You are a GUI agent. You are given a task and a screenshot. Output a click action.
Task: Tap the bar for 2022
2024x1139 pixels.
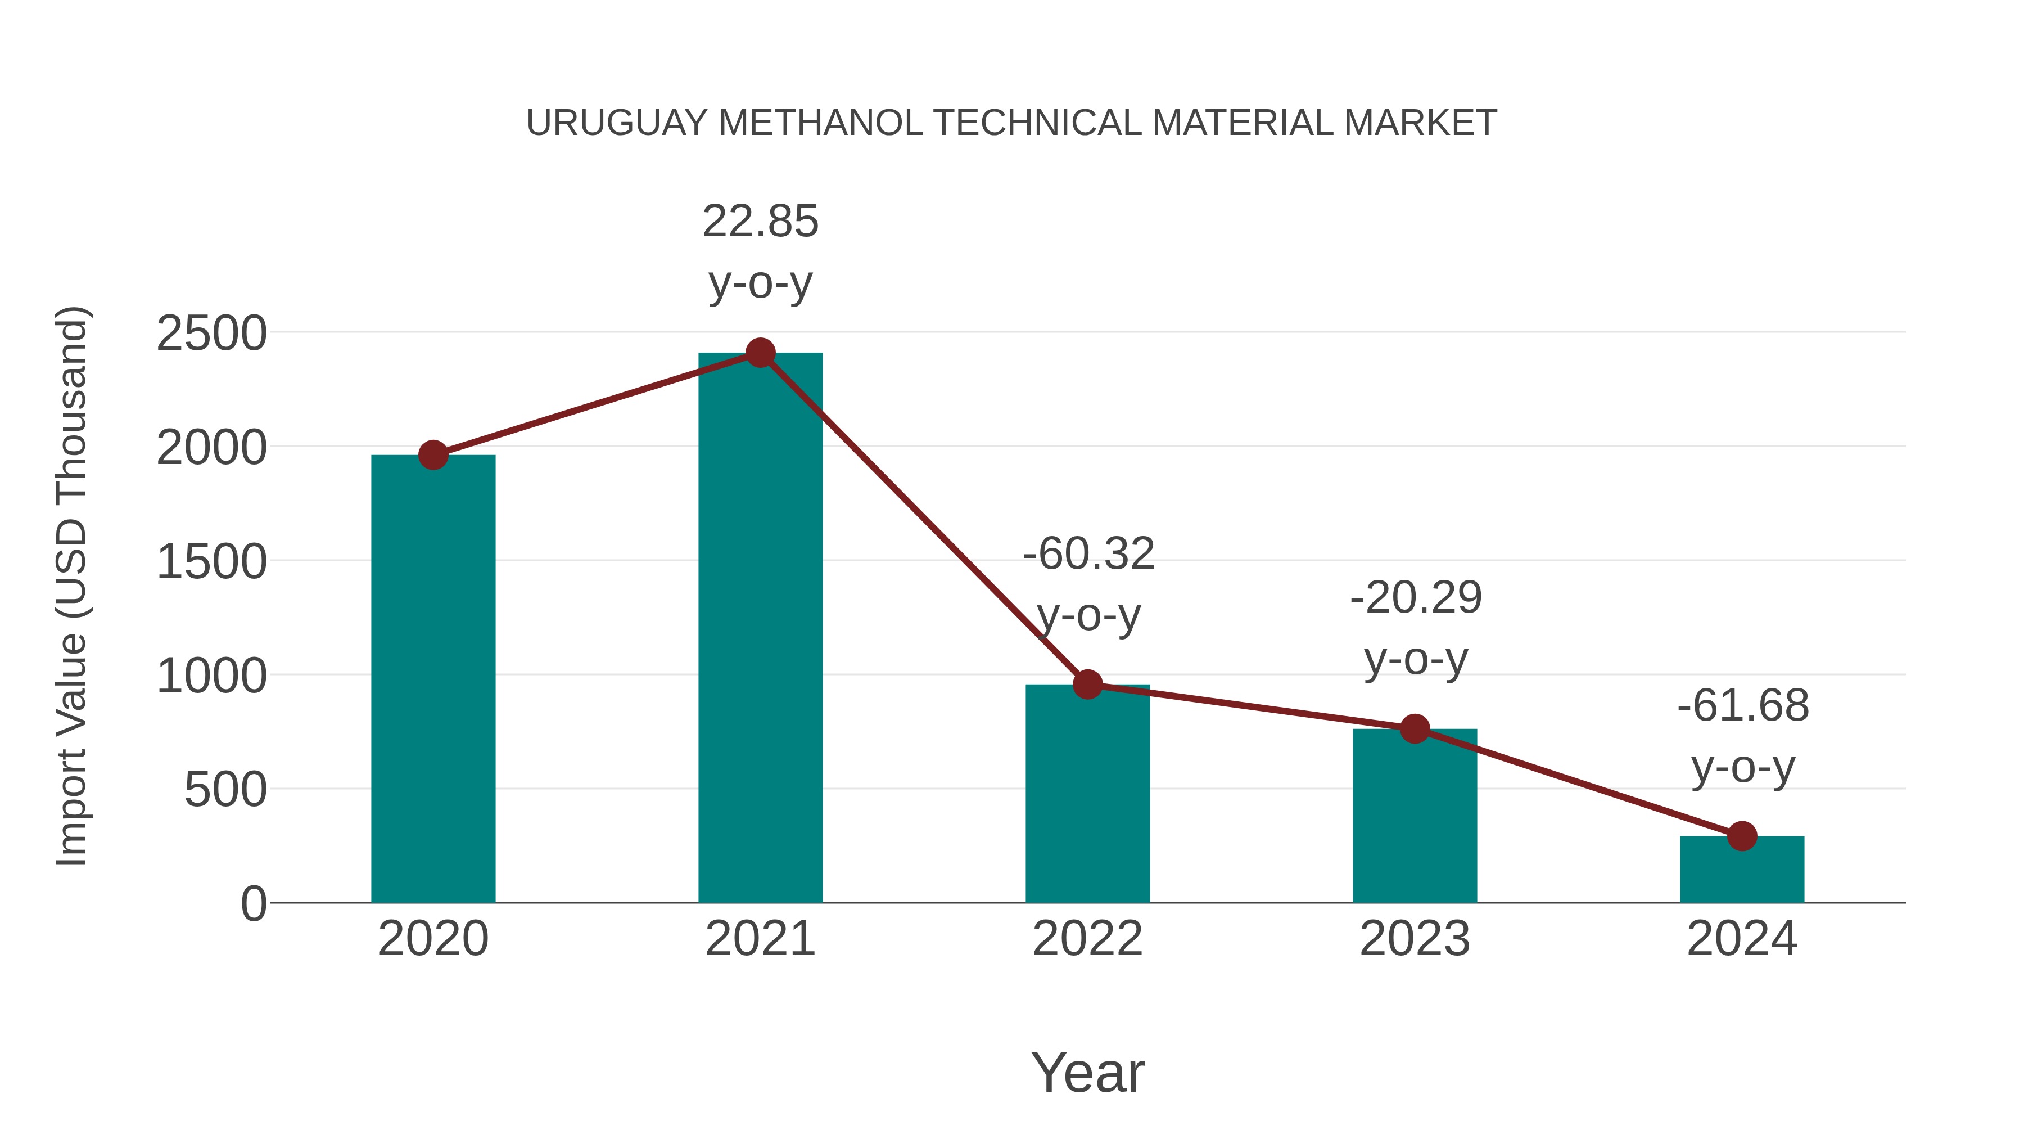coord(1087,793)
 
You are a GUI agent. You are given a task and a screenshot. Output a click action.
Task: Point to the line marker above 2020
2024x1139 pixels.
coord(433,455)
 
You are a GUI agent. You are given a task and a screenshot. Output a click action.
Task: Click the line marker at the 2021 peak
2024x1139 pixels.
coord(760,353)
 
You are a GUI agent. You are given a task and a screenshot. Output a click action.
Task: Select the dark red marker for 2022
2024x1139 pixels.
coord(1087,685)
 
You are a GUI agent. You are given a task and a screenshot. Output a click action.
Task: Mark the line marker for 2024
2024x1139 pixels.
coord(1742,836)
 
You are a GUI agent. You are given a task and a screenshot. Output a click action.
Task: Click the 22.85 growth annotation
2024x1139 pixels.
coord(760,222)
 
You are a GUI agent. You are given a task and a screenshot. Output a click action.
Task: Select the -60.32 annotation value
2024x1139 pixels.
coord(1088,553)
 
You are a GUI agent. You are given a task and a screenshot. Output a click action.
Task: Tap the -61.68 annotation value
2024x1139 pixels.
coord(1743,705)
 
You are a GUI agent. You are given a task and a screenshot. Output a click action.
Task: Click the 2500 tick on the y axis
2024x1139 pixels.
coord(211,334)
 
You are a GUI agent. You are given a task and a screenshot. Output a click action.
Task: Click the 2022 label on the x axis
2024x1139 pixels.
coord(1087,939)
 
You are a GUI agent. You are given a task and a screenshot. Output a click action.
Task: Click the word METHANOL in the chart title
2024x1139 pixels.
coord(820,123)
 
